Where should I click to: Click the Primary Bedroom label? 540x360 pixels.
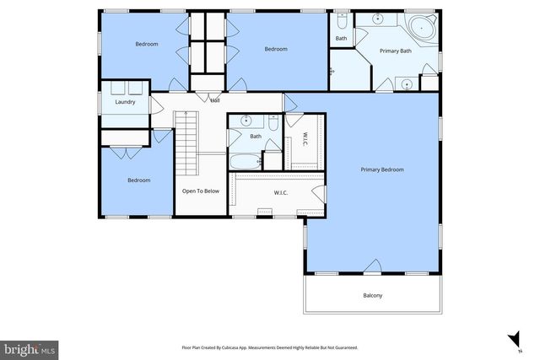pos(382,169)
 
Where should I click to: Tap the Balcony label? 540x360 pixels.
pos(372,295)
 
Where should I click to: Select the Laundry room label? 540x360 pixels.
pos(125,103)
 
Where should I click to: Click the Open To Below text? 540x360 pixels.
pos(201,191)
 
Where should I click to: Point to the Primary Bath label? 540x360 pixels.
pos(395,51)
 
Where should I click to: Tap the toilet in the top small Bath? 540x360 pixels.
pos(341,20)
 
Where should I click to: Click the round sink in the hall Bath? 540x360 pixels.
pos(246,121)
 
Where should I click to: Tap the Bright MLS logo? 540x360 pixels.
pos(30,347)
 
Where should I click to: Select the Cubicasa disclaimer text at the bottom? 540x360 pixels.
pos(269,347)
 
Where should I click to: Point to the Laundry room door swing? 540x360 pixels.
pos(155,103)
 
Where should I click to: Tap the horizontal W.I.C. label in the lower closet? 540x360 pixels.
pos(282,192)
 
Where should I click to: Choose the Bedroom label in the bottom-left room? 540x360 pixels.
pos(138,180)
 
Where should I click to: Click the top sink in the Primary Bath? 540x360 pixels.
pos(378,19)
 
